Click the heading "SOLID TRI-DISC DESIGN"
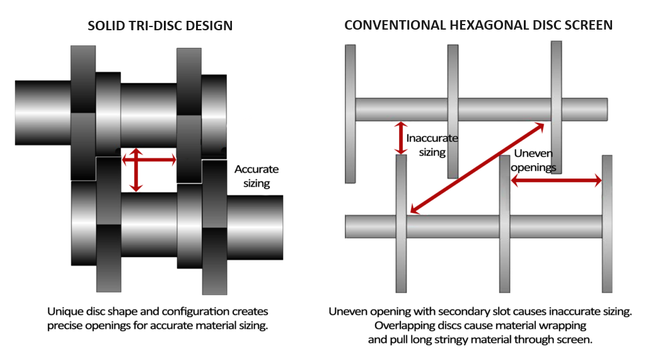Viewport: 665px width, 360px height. [160, 26]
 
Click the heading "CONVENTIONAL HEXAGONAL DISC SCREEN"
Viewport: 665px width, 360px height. [478, 26]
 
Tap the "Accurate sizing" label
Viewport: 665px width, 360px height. [256, 177]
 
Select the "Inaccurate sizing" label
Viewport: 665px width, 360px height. [432, 145]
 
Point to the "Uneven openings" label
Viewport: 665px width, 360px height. [534, 160]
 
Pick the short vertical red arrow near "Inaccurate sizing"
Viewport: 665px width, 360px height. [399, 138]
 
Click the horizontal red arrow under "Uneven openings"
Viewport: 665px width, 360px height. [557, 182]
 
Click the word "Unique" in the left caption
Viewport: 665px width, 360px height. [64, 311]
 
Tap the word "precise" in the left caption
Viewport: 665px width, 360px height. [65, 325]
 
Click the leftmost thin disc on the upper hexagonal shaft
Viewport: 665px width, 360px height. [350, 113]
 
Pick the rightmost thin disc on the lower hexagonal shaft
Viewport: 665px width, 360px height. [607, 224]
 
